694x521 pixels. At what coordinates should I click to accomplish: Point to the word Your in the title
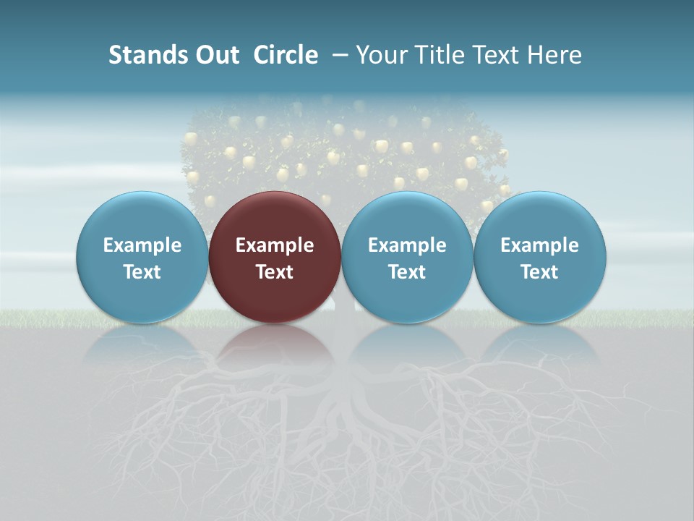(x=380, y=55)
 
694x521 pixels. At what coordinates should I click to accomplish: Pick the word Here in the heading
(x=555, y=55)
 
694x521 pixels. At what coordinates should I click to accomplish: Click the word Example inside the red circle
(x=275, y=245)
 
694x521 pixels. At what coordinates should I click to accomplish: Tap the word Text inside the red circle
(x=275, y=272)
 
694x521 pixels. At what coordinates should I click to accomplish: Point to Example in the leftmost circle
(x=142, y=245)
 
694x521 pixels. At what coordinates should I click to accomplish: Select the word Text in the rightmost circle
(x=540, y=272)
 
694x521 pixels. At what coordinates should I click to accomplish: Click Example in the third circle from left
(x=407, y=245)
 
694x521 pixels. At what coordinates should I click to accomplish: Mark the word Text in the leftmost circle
(x=142, y=272)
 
